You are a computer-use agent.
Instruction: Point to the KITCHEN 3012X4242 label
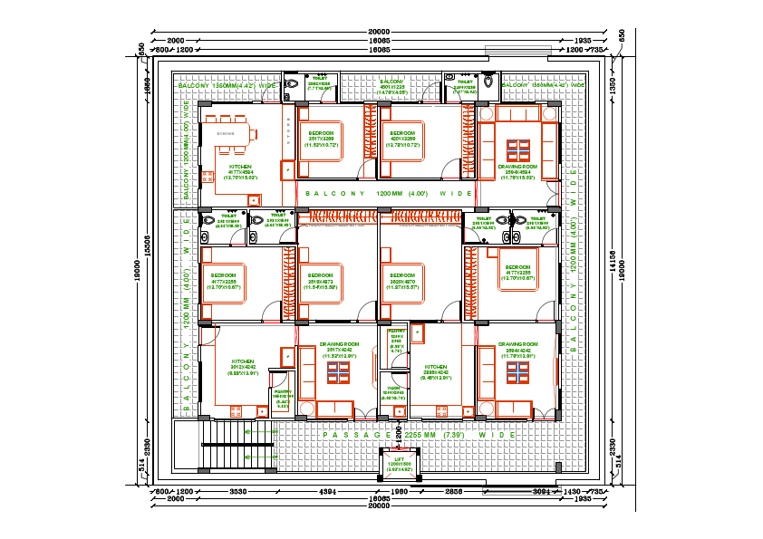(x=244, y=365)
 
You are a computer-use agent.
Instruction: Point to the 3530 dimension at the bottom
(x=238, y=490)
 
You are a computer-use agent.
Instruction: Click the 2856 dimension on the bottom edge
(x=454, y=490)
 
